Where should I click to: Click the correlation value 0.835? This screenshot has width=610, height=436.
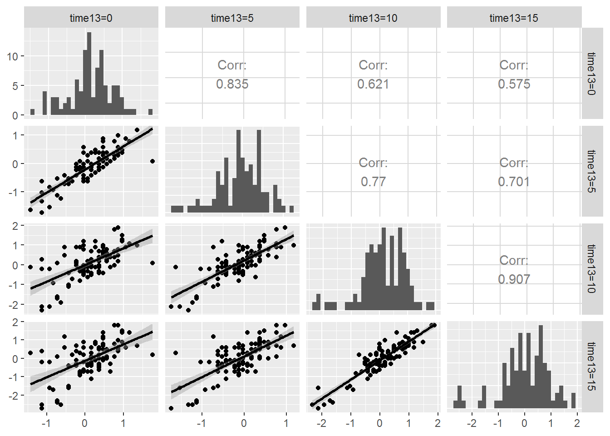tap(232, 84)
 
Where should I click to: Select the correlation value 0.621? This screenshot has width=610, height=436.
tap(373, 84)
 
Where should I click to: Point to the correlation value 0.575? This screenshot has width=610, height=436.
tap(514, 84)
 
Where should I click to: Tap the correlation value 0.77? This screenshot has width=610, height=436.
tap(373, 182)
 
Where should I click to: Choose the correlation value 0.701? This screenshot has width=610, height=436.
tap(514, 182)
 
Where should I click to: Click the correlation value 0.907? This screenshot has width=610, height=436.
tap(514, 279)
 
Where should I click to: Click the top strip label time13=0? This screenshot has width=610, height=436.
tap(91, 18)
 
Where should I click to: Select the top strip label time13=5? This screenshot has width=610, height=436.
tap(232, 18)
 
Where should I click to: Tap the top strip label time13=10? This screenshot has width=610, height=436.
tap(373, 18)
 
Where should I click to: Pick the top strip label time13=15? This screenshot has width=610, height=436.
tap(514, 18)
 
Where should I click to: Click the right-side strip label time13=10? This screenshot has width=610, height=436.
tap(591, 268)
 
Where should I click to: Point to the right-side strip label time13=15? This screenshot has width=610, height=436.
tap(591, 366)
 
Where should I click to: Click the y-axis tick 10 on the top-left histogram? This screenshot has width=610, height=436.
tap(12, 56)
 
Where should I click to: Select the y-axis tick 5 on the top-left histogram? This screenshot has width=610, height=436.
tap(15, 86)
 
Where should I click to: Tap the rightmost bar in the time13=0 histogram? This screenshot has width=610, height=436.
tap(150, 112)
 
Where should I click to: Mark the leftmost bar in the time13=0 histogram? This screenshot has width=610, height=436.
tap(32, 112)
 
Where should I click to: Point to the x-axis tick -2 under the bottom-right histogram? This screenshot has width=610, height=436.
tap(472, 423)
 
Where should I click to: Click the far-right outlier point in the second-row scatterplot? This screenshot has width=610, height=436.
tap(152, 161)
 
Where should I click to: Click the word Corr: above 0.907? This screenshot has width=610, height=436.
tap(514, 260)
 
